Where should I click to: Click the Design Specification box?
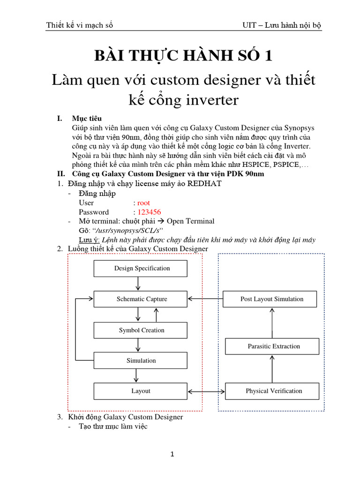pyautogui.click(x=141, y=269)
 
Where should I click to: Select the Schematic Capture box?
pyautogui.click(x=141, y=299)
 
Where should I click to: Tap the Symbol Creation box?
pyautogui.click(x=141, y=330)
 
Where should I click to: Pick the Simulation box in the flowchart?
pyautogui.click(x=141, y=360)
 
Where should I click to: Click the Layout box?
pyautogui.click(x=141, y=391)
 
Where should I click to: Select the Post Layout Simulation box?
pyautogui.click(x=271, y=299)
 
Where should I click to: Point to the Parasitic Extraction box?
pyautogui.click(x=273, y=346)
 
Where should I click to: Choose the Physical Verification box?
pyautogui.click(x=273, y=391)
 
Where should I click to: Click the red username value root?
pyautogui.click(x=143, y=203)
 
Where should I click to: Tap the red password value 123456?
pyautogui.click(x=149, y=212)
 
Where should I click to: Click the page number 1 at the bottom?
pyautogui.click(x=173, y=454)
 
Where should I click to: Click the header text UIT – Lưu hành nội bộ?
pyautogui.click(x=280, y=25)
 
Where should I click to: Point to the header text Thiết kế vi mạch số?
pyautogui.click(x=80, y=25)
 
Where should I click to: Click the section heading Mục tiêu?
pyautogui.click(x=87, y=118)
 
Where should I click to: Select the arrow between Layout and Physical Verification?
pyautogui.click(x=206, y=391)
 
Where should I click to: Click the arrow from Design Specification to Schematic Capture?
pyautogui.click(x=137, y=284)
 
